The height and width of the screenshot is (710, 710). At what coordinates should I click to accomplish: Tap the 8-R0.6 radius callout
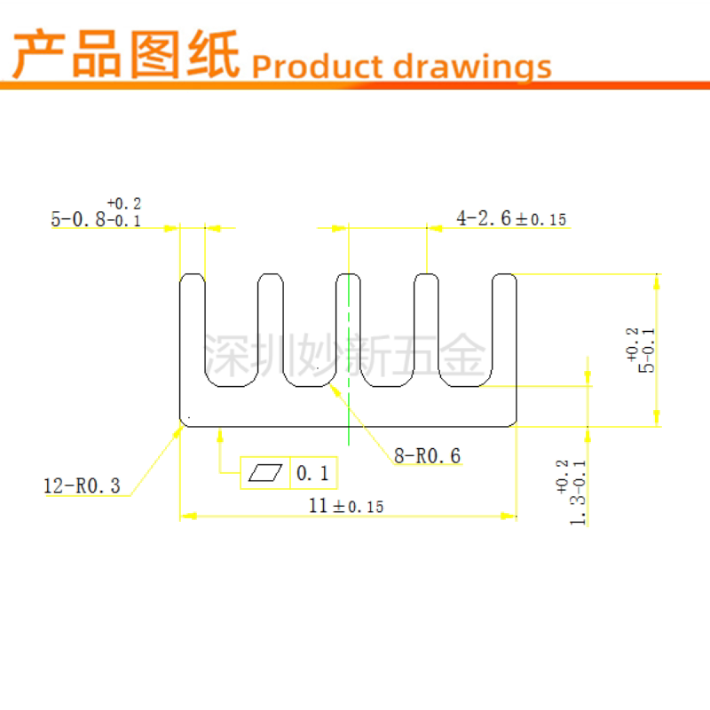click(x=428, y=456)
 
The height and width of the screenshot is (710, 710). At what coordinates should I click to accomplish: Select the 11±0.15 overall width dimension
click(x=345, y=505)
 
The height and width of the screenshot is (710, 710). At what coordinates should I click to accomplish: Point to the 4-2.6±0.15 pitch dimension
click(x=511, y=218)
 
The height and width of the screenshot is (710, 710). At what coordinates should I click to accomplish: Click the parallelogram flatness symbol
click(x=265, y=473)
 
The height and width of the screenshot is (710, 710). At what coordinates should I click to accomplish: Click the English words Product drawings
click(x=401, y=66)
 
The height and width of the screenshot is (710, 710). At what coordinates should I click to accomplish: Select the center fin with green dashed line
click(x=349, y=328)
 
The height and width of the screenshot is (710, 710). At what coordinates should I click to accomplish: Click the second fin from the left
click(x=272, y=328)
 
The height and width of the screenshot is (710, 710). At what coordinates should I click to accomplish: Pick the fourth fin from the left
click(x=427, y=328)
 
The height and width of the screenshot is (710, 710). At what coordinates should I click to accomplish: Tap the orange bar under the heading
click(x=355, y=85)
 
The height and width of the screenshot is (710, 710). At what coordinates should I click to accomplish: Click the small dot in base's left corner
click(x=189, y=418)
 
